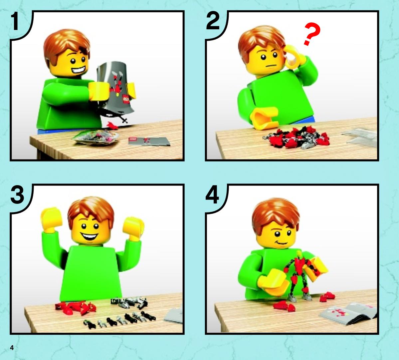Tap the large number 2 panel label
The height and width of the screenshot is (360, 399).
click(x=213, y=21)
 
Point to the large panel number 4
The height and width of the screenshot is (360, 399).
click(x=212, y=194)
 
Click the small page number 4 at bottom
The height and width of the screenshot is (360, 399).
click(x=12, y=348)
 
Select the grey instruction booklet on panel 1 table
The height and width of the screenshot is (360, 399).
click(x=149, y=141)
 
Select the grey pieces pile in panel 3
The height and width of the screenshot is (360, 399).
click(x=129, y=302)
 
